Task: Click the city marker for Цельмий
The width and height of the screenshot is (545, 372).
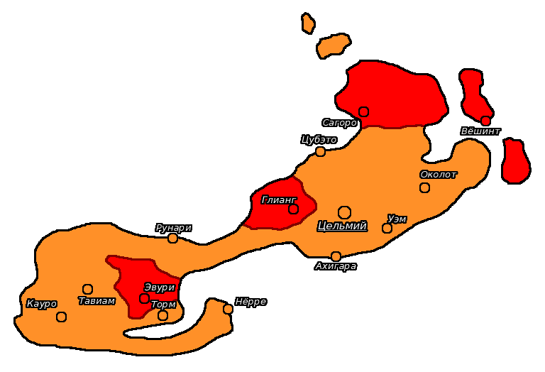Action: [x=344, y=212]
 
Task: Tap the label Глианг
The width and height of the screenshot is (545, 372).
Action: [x=278, y=199]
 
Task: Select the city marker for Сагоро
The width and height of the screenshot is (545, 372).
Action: [x=363, y=111]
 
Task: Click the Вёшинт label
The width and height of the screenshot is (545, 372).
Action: [x=480, y=131]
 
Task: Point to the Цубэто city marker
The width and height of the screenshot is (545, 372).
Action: [x=321, y=151]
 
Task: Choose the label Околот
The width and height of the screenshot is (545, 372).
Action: [x=439, y=175]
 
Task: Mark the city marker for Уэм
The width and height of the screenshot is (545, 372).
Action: [x=387, y=228]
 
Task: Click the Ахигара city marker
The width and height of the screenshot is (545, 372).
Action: [x=336, y=256]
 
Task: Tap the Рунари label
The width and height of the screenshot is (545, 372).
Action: [x=173, y=228]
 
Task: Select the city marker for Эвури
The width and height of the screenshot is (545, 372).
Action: [x=144, y=298]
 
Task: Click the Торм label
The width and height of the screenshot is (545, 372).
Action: [x=163, y=305]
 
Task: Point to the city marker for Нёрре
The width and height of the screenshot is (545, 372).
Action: [x=228, y=309]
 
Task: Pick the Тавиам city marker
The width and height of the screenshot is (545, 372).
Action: [x=87, y=289]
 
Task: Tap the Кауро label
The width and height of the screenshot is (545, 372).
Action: [x=41, y=304]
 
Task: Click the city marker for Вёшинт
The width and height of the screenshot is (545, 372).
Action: [x=485, y=121]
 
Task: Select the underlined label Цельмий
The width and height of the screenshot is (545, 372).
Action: [x=342, y=226]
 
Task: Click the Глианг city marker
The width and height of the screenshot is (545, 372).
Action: [x=293, y=209]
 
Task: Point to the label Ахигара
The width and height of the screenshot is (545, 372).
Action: [x=336, y=266]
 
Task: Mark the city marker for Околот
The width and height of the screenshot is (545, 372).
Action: [x=424, y=187]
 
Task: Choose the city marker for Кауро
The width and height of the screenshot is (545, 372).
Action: [x=61, y=317]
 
